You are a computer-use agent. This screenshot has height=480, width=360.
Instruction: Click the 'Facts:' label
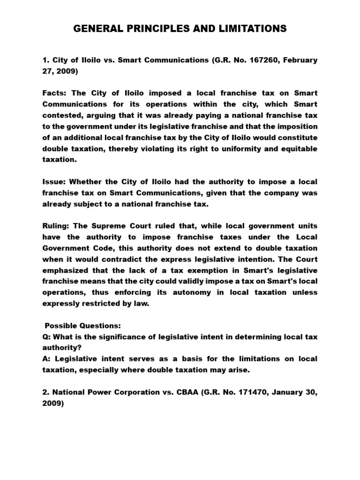(55, 93)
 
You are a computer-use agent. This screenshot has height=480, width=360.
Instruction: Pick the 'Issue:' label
(54, 181)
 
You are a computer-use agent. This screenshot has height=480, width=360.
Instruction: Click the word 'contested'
(61, 115)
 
